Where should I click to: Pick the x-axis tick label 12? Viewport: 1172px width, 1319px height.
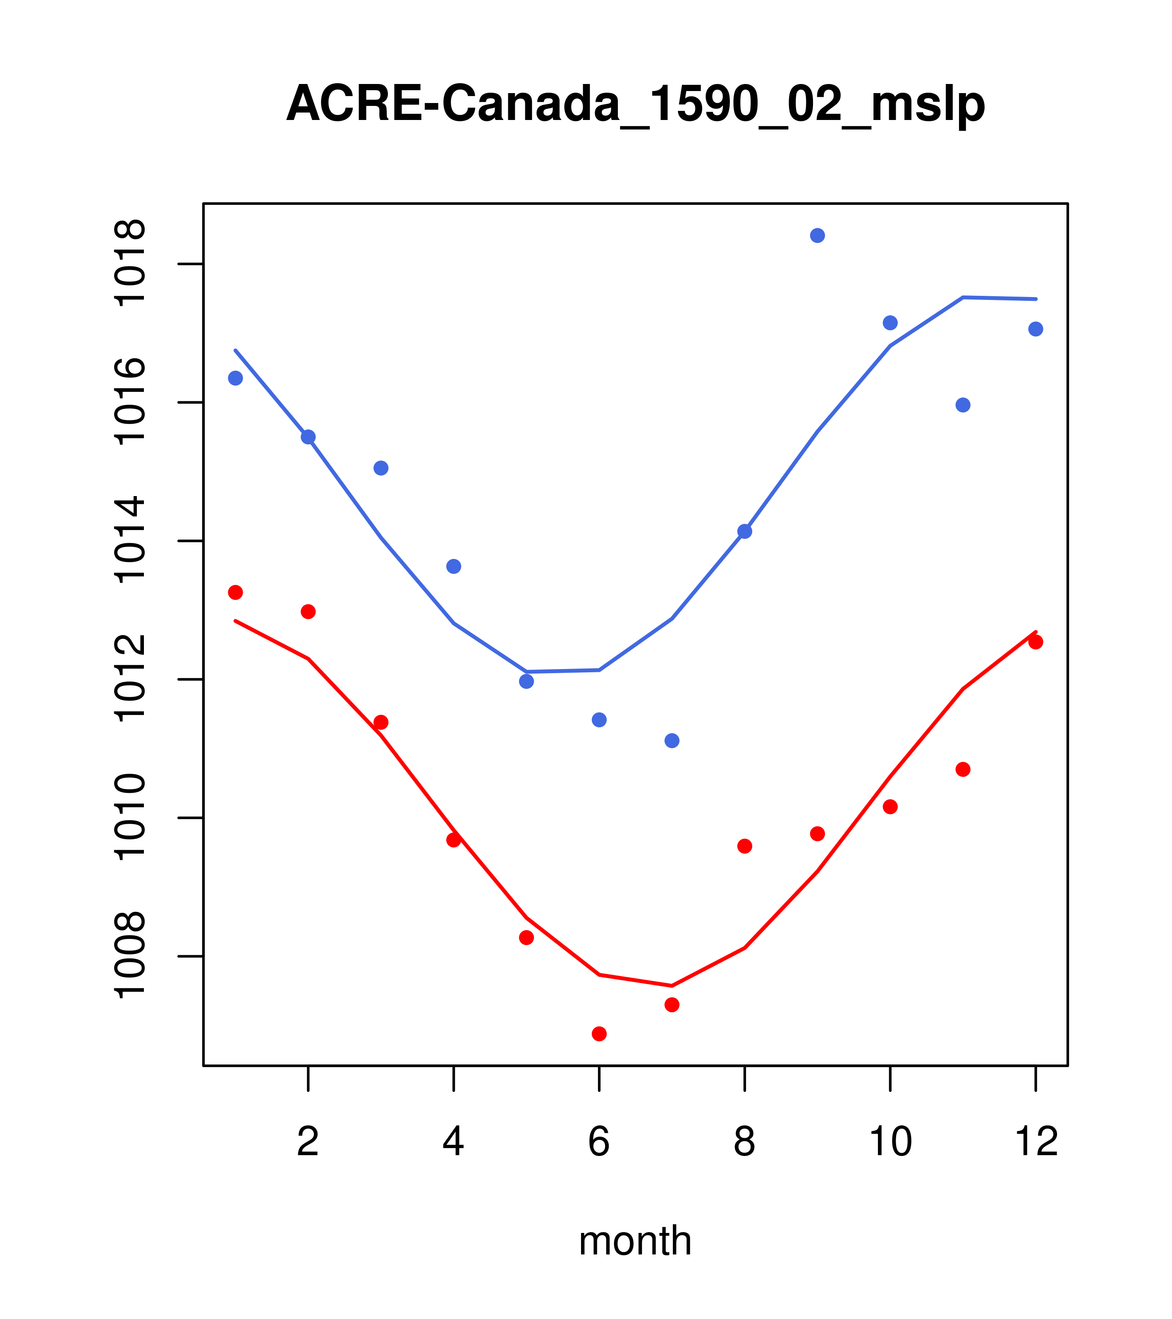(x=1036, y=1142)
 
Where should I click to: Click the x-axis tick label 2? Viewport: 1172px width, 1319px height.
(x=309, y=1142)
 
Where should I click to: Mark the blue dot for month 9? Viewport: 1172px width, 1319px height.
(x=817, y=235)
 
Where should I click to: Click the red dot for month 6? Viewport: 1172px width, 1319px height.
(x=599, y=1034)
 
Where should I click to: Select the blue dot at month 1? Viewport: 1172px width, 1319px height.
(x=235, y=378)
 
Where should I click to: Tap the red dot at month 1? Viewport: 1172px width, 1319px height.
(x=235, y=592)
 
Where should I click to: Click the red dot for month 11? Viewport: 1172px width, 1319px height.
(x=963, y=769)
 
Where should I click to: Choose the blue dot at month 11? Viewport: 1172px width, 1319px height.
(x=963, y=405)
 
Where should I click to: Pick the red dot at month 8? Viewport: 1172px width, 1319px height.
(x=745, y=846)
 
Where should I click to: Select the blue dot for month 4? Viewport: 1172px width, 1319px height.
(x=454, y=566)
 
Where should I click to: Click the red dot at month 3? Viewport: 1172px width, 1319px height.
(x=381, y=722)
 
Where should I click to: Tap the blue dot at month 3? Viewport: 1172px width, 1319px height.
(x=381, y=468)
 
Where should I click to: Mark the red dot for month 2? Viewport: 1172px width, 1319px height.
(x=309, y=612)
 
